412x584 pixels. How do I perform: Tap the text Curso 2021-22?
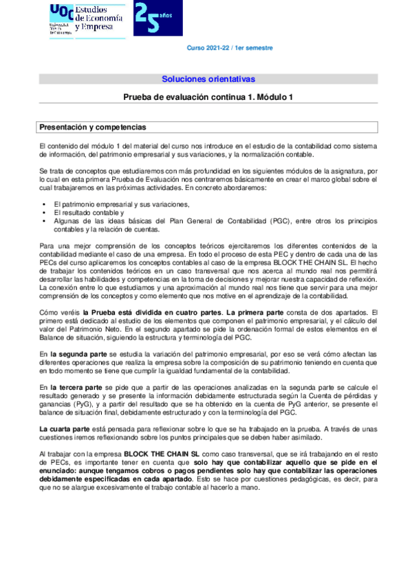click(208, 48)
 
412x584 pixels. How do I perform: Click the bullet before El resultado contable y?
click(45, 213)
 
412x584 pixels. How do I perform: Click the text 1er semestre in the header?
click(253, 48)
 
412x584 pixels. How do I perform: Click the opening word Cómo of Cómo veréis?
click(47, 312)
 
